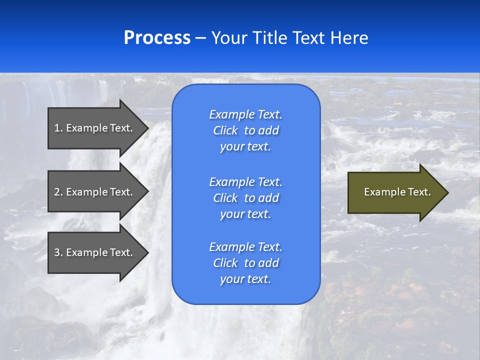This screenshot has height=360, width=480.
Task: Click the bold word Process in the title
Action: point(157,38)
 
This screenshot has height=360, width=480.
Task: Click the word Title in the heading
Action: point(271,38)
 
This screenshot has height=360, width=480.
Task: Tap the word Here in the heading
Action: point(349,38)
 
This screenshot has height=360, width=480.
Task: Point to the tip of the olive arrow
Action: point(446,192)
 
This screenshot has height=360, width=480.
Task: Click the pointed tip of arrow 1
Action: point(146,128)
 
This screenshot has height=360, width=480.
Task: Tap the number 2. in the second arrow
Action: point(58,192)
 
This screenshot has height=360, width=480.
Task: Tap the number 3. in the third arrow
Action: point(58,252)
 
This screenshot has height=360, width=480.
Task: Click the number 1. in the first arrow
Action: point(58,128)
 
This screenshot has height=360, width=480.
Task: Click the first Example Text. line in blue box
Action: point(245,114)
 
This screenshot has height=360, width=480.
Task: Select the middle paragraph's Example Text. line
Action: point(245,181)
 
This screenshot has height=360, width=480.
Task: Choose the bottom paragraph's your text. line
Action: point(245,279)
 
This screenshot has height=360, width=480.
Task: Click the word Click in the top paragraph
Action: point(225,130)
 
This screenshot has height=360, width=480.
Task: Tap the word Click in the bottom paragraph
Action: point(225,263)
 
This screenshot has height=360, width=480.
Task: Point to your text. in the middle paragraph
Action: point(245,214)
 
